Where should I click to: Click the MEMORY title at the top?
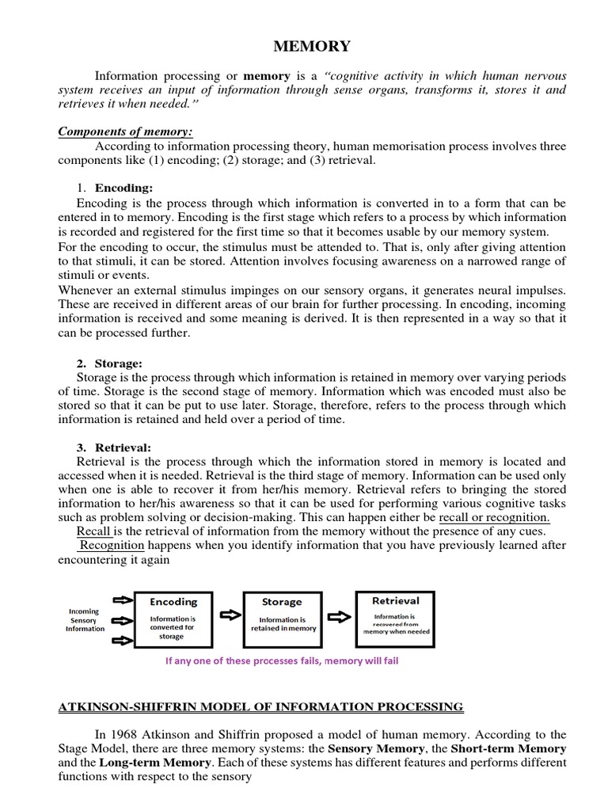pos(311,47)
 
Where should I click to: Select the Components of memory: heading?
pos(126,131)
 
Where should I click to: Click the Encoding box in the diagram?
pos(174,619)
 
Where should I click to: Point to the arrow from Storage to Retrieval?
pos(336,615)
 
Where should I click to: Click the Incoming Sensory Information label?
pos(85,620)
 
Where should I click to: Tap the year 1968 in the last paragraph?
pos(123,734)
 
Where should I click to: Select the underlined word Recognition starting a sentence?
pos(111,546)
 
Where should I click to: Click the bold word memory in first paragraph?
pos(267,75)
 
